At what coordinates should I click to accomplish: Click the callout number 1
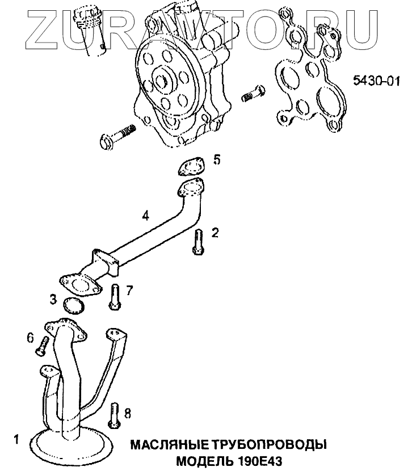16,438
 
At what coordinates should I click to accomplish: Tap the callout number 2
215,232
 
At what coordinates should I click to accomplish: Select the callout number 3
52,299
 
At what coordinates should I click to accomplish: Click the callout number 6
31,338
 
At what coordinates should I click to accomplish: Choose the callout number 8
127,414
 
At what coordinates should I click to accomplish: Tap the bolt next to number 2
197,242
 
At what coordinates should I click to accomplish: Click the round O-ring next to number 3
73,306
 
